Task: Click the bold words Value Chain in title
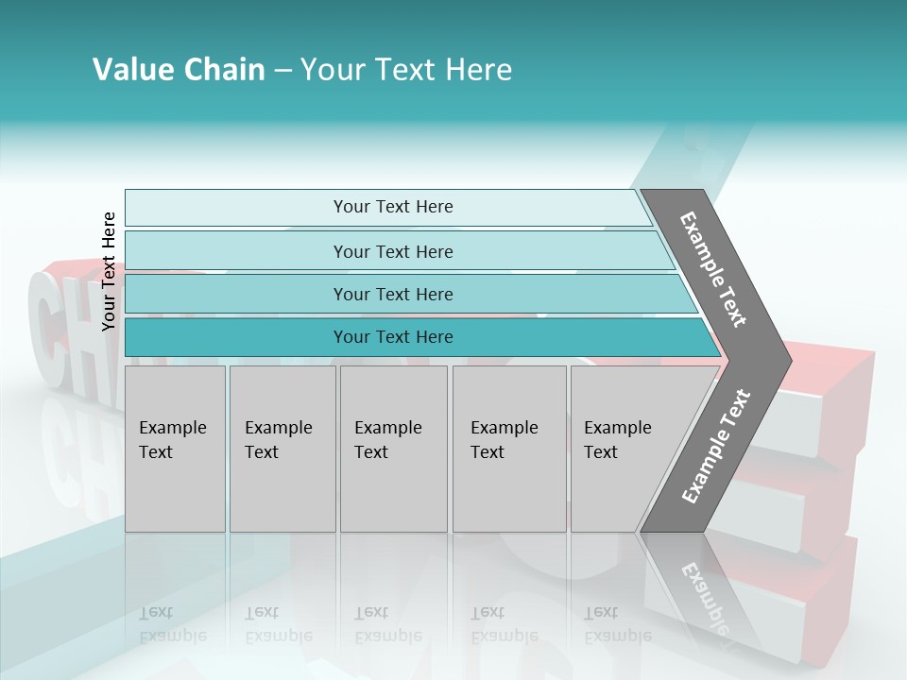pyautogui.click(x=179, y=69)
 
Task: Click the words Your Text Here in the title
pyautogui.click(x=406, y=69)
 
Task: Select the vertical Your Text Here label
pyautogui.click(x=109, y=271)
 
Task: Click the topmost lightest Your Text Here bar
pyautogui.click(x=392, y=207)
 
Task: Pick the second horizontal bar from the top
pyautogui.click(x=392, y=251)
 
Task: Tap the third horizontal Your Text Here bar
pyautogui.click(x=392, y=295)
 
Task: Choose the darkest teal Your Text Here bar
pyautogui.click(x=392, y=337)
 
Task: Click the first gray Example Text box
pyautogui.click(x=175, y=449)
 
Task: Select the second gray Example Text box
pyautogui.click(x=282, y=449)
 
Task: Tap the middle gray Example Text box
pyautogui.click(x=393, y=449)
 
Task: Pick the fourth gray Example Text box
pyautogui.click(x=508, y=449)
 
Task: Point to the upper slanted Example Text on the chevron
pyautogui.click(x=713, y=270)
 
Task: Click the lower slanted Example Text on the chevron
pyautogui.click(x=715, y=446)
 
